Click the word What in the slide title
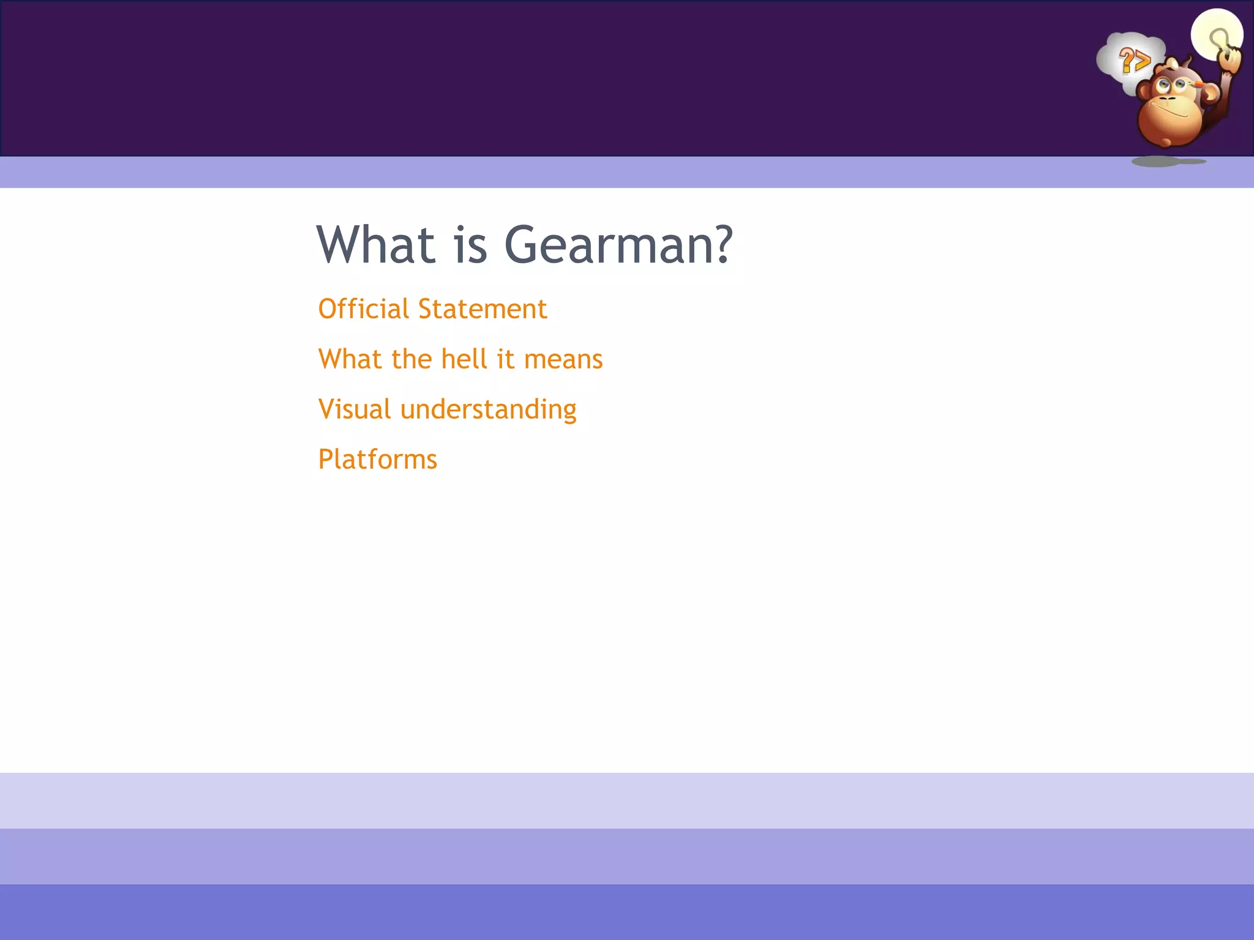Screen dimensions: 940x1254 click(375, 245)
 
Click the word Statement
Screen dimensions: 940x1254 click(482, 309)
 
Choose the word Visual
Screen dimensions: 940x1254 click(355, 409)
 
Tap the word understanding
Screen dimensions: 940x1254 click(488, 409)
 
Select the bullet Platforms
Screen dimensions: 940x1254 click(378, 460)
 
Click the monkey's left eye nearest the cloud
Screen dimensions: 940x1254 click(1163, 85)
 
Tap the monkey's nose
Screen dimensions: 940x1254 click(1167, 99)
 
